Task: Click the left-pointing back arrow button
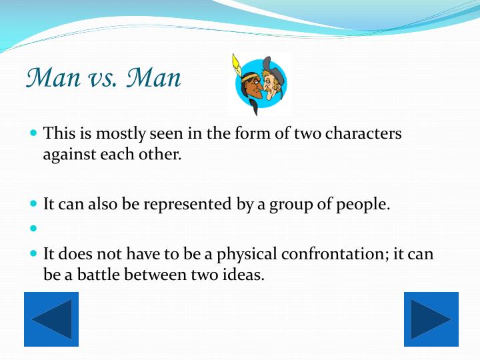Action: pos(51,319)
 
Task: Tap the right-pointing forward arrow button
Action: pos(431,319)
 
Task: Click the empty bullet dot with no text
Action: pos(35,229)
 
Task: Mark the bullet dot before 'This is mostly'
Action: pos(35,133)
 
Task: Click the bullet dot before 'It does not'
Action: pos(35,254)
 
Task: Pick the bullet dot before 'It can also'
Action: pos(35,204)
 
